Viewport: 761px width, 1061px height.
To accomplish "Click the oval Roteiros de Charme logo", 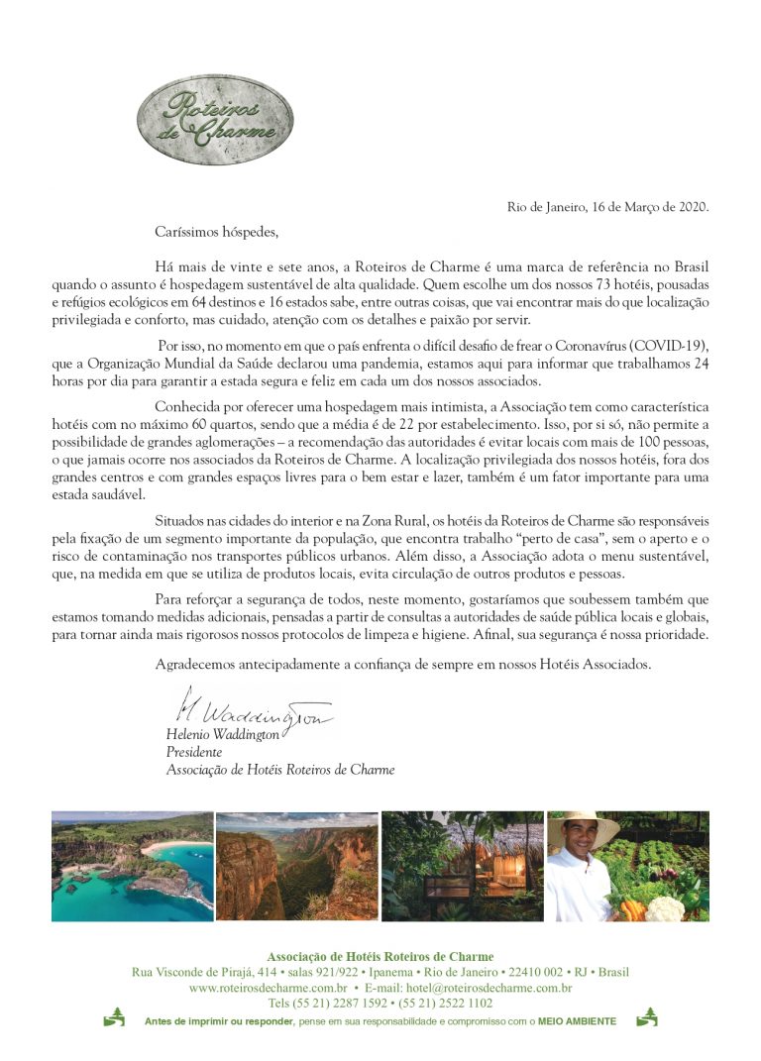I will tap(214, 120).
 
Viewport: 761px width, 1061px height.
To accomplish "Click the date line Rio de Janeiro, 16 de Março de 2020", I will tap(608, 207).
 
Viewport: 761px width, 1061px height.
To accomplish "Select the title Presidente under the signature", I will tap(193, 752).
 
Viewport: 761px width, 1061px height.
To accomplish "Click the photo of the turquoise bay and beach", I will tap(132, 866).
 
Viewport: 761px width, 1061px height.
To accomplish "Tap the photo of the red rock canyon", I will tap(296, 866).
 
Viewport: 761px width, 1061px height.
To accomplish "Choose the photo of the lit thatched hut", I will tap(462, 866).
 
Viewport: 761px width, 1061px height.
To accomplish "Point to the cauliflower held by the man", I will tap(665, 906).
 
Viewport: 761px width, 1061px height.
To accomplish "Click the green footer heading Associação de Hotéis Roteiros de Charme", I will tap(380, 956).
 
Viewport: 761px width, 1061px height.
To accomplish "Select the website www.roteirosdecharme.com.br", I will tap(268, 988).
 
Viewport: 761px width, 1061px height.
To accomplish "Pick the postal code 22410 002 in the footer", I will tap(536, 972).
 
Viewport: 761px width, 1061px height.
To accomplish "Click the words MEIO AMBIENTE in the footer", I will tap(577, 1020).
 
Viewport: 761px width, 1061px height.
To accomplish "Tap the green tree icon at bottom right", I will tap(646, 1017).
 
